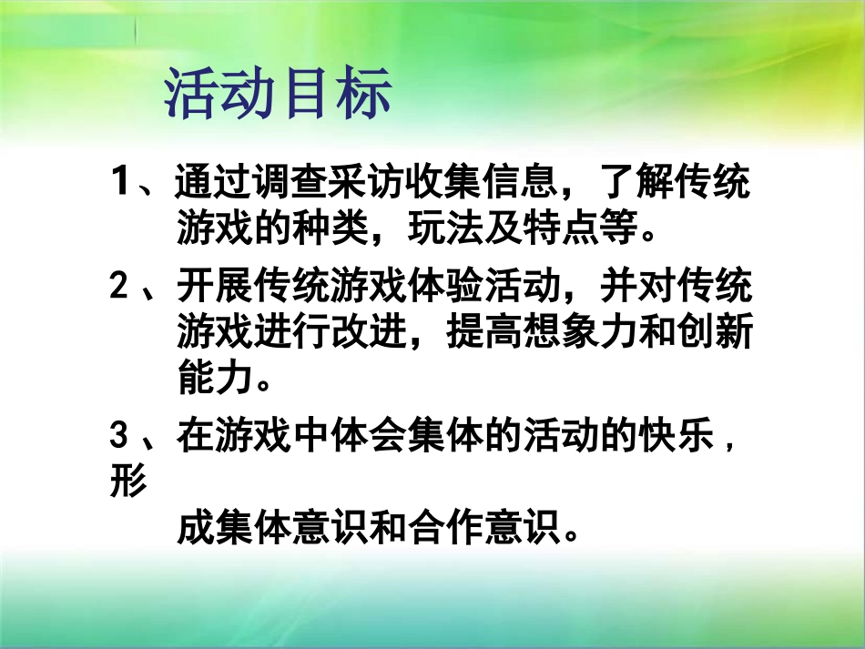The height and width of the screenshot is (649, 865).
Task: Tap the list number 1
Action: click(121, 183)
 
